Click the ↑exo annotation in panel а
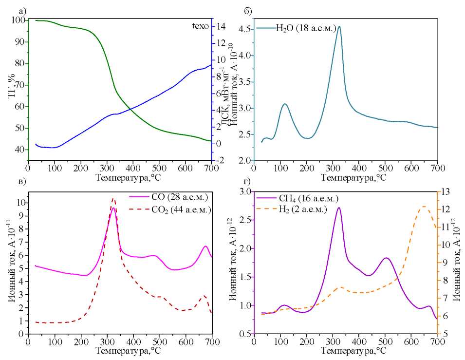pos(201,26)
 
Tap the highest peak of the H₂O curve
pos(339,26)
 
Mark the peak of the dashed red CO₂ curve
pos(113,199)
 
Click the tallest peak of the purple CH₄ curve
pos(338,208)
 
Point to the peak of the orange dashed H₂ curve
pos(424,207)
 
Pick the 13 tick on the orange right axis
pos(446,191)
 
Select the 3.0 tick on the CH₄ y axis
pos(244,191)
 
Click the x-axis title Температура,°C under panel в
pos(120,350)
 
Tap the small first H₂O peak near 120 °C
pos(285,104)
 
